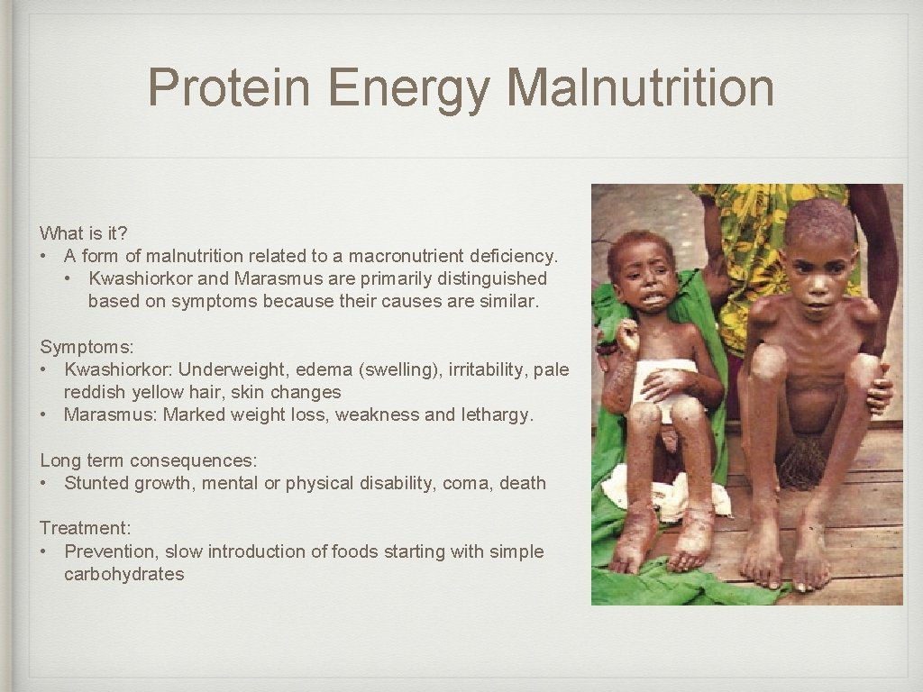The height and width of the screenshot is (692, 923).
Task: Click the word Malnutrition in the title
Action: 641,88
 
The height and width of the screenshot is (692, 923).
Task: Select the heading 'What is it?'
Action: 84,233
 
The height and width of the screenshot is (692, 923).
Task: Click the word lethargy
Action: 498,415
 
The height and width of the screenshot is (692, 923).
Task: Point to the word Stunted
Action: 96,483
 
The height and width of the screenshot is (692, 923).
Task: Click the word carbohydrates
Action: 123,574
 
